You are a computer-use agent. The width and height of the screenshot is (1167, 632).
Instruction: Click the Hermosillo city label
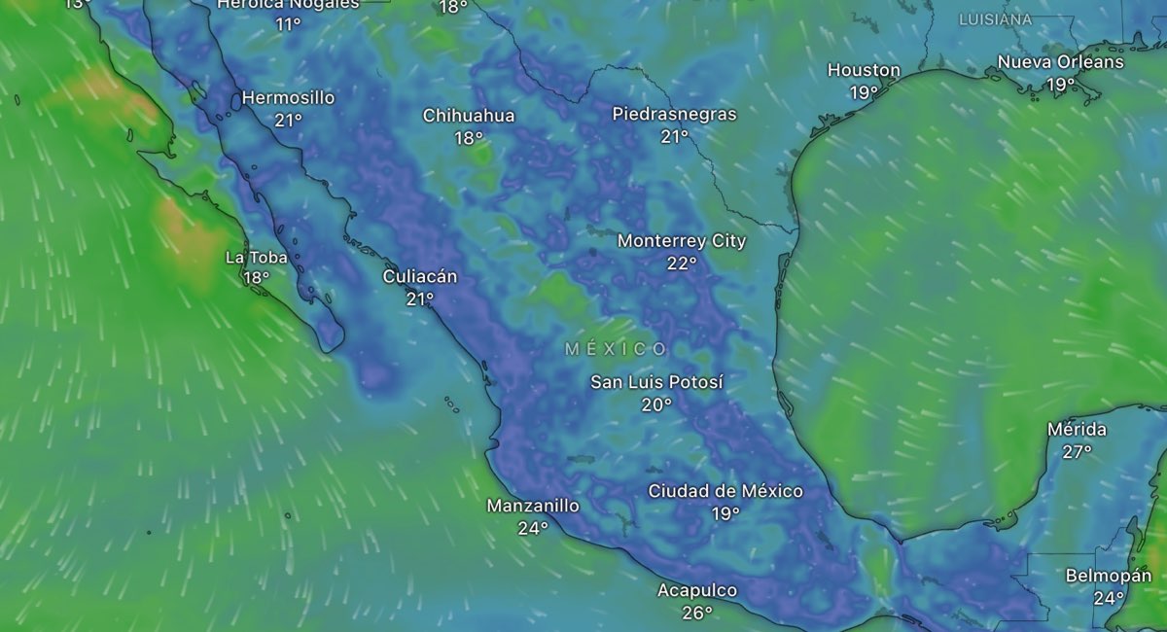pyautogui.click(x=288, y=98)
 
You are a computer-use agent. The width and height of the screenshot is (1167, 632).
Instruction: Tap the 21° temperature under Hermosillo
pyautogui.click(x=288, y=121)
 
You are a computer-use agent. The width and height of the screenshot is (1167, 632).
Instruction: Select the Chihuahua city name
pyautogui.click(x=469, y=116)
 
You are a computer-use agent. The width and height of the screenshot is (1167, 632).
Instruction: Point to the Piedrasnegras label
pyautogui.click(x=674, y=114)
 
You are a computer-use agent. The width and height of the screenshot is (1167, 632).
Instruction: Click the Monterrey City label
pyautogui.click(x=682, y=240)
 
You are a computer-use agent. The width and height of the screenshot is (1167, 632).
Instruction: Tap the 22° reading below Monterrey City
pyautogui.click(x=682, y=263)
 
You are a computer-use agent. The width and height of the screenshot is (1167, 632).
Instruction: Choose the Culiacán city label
pyautogui.click(x=420, y=276)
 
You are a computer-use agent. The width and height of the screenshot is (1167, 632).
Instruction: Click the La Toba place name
pyautogui.click(x=256, y=257)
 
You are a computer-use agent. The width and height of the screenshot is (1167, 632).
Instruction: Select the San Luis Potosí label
pyautogui.click(x=657, y=382)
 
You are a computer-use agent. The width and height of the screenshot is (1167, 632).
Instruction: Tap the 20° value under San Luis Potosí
pyautogui.click(x=656, y=404)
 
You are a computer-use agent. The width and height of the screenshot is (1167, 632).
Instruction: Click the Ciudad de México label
pyautogui.click(x=725, y=491)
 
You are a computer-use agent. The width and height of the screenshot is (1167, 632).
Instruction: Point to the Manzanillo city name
pyautogui.click(x=533, y=506)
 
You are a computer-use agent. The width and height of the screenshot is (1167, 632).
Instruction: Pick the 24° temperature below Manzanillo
pyautogui.click(x=533, y=529)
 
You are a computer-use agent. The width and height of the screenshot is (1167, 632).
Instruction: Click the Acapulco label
pyautogui.click(x=697, y=590)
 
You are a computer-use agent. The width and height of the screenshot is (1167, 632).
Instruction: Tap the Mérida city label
pyautogui.click(x=1077, y=429)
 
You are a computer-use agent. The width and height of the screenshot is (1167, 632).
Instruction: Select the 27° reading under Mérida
pyautogui.click(x=1077, y=451)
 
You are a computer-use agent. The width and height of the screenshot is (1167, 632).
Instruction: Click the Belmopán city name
pyautogui.click(x=1108, y=576)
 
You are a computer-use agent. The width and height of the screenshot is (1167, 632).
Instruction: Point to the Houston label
pyautogui.click(x=864, y=70)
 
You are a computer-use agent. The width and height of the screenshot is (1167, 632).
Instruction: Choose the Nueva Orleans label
pyautogui.click(x=1060, y=62)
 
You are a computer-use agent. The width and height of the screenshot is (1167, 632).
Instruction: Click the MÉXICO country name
pyautogui.click(x=617, y=349)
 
